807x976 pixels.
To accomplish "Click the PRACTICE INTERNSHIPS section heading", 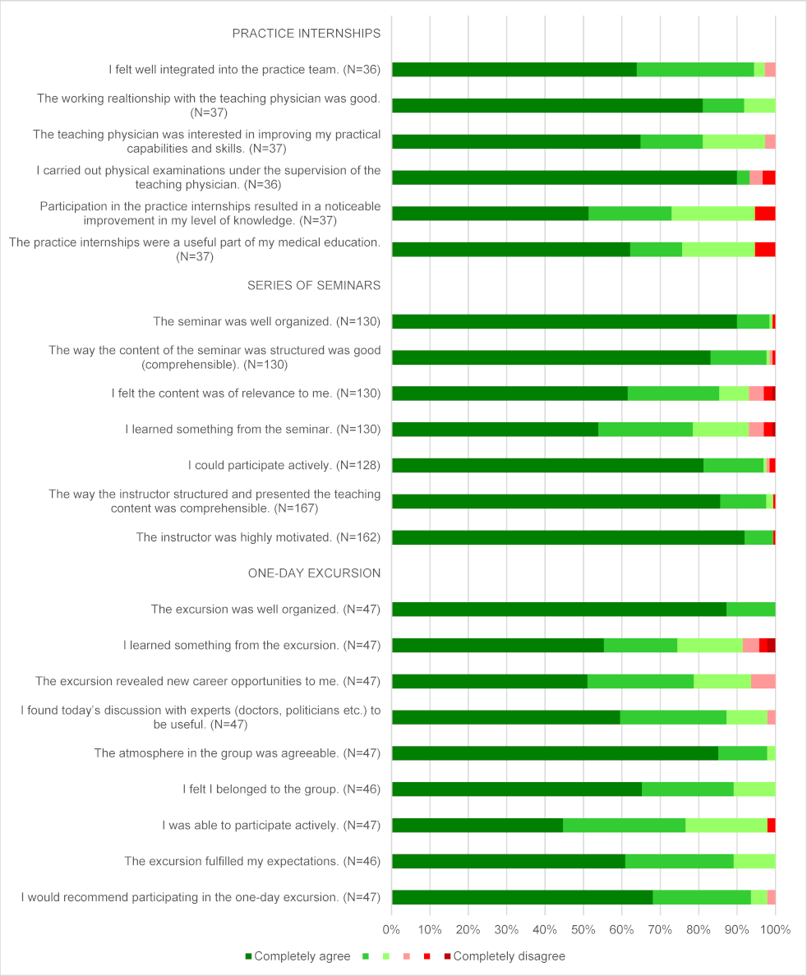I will coord(306,34).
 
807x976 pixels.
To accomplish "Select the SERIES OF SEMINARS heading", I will coord(314,285).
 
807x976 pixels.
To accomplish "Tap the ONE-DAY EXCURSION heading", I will coord(314,573).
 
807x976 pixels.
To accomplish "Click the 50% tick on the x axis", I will coord(583,930).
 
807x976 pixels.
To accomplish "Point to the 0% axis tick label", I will coord(392,930).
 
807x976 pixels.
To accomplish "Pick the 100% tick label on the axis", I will coord(775,930).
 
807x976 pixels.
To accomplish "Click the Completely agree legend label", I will coord(302,956).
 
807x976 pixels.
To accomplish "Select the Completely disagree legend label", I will coord(509,956).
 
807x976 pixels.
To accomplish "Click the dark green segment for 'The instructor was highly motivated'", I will coord(568,537).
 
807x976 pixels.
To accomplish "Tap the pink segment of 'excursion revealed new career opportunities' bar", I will coord(763,681).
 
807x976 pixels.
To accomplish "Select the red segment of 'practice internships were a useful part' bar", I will coord(764,250).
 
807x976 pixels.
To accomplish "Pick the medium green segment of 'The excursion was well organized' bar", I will coord(750,609).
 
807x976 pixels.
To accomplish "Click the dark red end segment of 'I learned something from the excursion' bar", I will coord(771,645).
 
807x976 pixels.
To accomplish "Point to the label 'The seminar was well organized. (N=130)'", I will coord(267,321).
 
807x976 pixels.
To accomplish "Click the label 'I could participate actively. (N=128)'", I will coord(284,465).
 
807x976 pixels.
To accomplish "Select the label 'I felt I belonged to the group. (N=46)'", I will coord(282,789).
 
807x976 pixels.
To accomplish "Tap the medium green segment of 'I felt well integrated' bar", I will coord(695,70).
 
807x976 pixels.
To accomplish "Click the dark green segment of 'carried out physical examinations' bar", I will coord(564,177).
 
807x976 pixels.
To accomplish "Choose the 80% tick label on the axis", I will coord(699,930).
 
